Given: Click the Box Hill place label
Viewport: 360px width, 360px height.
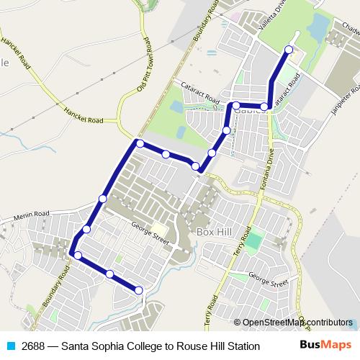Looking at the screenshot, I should coord(215,233).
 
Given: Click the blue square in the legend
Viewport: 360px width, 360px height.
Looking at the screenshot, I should coord(11,346).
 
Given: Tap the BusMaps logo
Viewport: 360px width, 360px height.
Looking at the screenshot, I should coord(325,346).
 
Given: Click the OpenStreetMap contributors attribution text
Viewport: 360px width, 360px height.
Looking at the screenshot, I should coord(292,323).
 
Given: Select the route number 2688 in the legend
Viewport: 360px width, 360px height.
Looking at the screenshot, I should coord(34,346).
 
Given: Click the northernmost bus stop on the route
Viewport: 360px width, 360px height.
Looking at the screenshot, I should coord(289,50).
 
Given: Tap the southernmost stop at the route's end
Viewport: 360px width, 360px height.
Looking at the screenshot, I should coord(138,290).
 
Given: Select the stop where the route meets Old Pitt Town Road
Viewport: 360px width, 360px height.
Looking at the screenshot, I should coord(140,143).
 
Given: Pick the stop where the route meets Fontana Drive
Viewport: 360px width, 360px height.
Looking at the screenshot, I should coord(264,107).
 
